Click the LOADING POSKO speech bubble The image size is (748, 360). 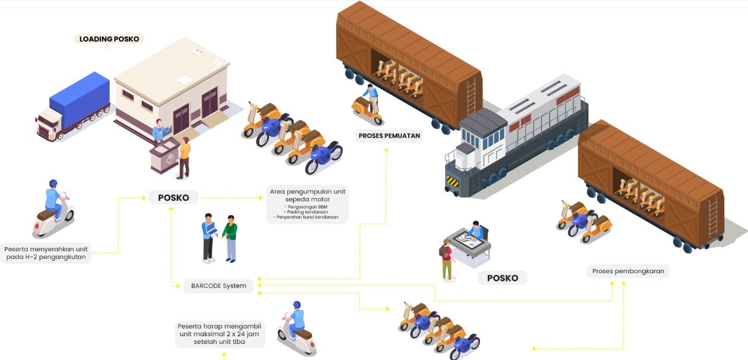pos(109,39)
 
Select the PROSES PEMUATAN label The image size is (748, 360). pos(389,136)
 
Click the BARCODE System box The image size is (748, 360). pos(219,286)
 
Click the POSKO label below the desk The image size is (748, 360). pos(503,277)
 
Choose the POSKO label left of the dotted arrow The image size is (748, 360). pos(173,198)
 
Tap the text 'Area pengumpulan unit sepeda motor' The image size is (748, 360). pos(308,195)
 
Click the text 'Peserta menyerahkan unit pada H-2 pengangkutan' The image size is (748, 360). pos(46,253)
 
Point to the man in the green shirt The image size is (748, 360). pos(230,238)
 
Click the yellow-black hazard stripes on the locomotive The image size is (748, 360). pos(453,181)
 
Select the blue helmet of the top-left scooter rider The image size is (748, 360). pos(53,183)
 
